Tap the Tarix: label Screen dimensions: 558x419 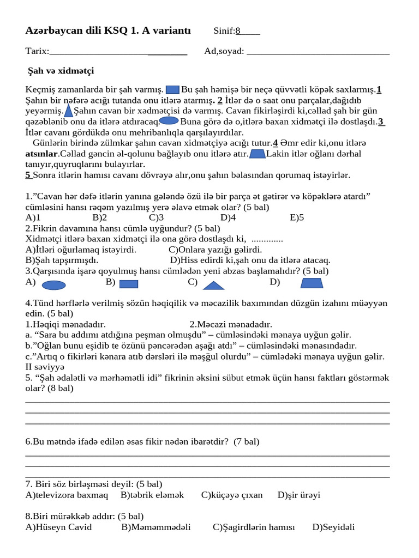pos(37,51)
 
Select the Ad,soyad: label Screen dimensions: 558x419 pos(224,51)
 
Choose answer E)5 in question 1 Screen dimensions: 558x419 pos(297,217)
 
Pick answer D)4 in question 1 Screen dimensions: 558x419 pos(228,217)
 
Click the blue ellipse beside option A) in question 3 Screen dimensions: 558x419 pos(54,284)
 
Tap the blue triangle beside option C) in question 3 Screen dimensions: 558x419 pos(213,285)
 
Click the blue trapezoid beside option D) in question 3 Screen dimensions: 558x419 pos(312,283)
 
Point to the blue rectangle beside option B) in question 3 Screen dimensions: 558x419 pos(128,284)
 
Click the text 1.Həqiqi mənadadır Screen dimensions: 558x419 pos(65,324)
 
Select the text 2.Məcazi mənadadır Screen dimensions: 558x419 pos(231,324)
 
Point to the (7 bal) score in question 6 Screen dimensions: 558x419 pos(246,441)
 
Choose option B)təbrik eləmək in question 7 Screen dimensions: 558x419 pos(152,495)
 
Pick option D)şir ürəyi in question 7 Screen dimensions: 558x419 pos(298,495)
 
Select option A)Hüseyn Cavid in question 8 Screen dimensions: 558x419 pos(58,527)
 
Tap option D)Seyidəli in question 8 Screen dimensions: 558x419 pos(333,527)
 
